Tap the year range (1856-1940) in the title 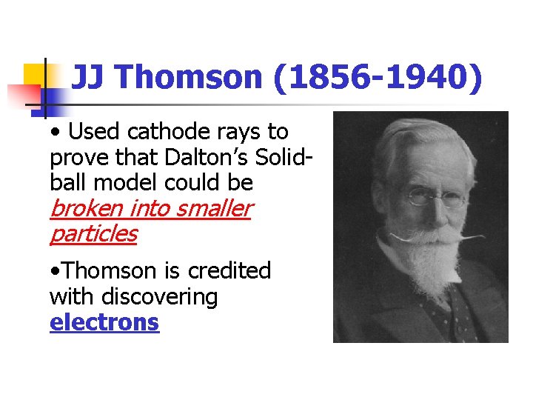[x=378, y=76]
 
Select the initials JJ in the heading [x=88, y=76]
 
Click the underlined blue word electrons [x=104, y=322]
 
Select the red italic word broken [x=87, y=209]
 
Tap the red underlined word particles [x=93, y=234]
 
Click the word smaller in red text [x=215, y=209]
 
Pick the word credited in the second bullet [x=229, y=271]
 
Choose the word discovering [x=160, y=297]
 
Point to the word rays [x=238, y=132]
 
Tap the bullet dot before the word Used [x=56, y=133]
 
